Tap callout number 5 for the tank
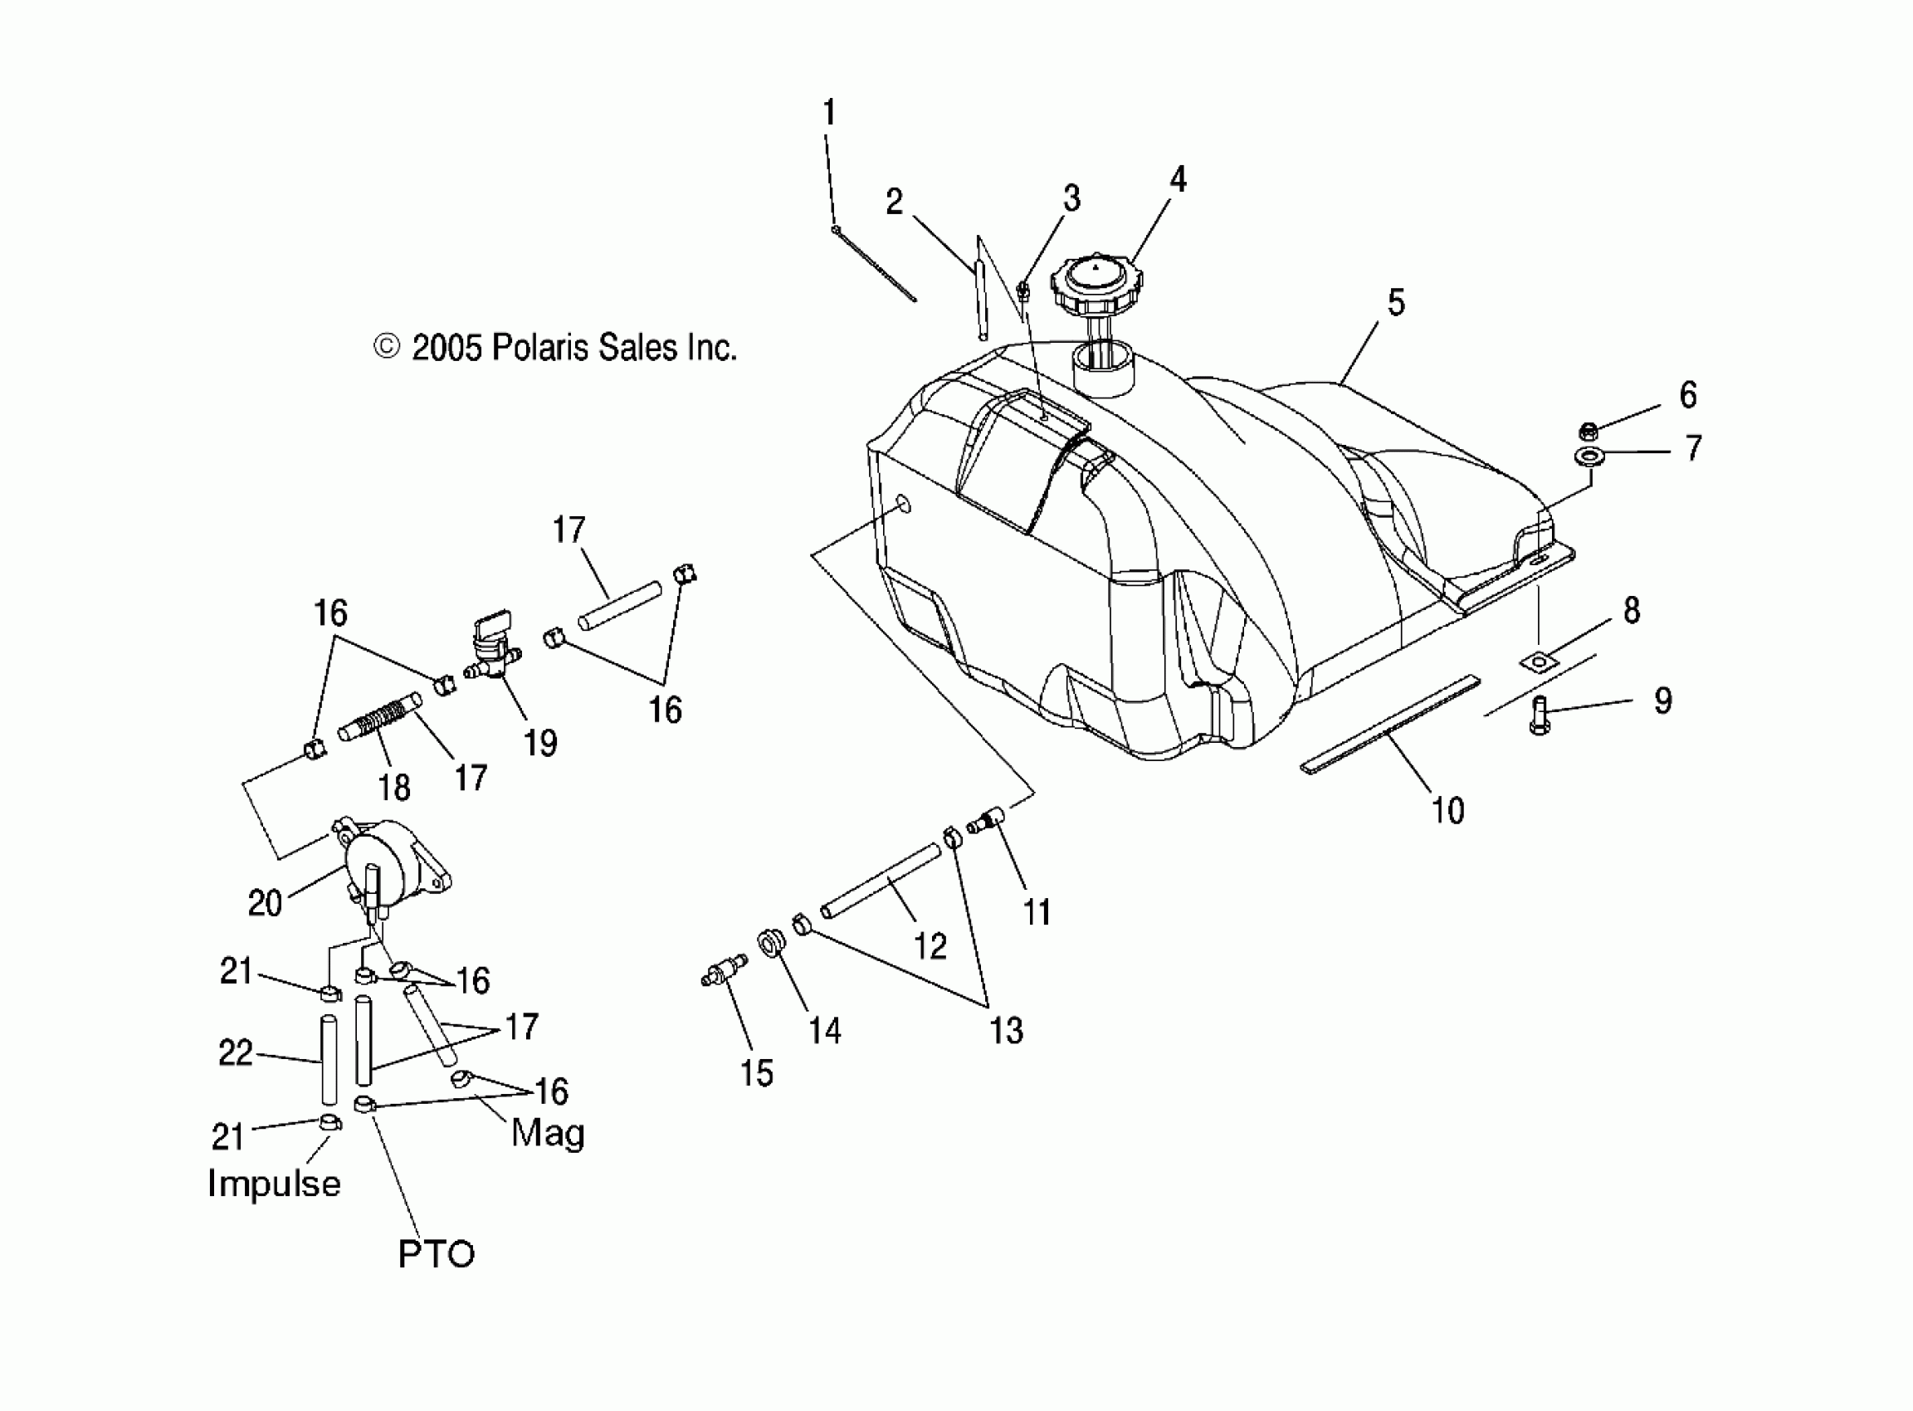pyautogui.click(x=1396, y=302)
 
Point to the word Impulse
pyautogui.click(x=274, y=1184)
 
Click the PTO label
pyautogui.click(x=436, y=1254)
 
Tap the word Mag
pyautogui.click(x=548, y=1134)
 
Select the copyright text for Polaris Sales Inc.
pyautogui.click(x=556, y=348)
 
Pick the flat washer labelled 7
pyautogui.click(x=1588, y=455)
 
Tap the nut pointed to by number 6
pyautogui.click(x=1588, y=432)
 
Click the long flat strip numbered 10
pyautogui.click(x=1390, y=725)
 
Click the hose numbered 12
pyautogui.click(x=881, y=881)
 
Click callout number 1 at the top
pyautogui.click(x=828, y=113)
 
